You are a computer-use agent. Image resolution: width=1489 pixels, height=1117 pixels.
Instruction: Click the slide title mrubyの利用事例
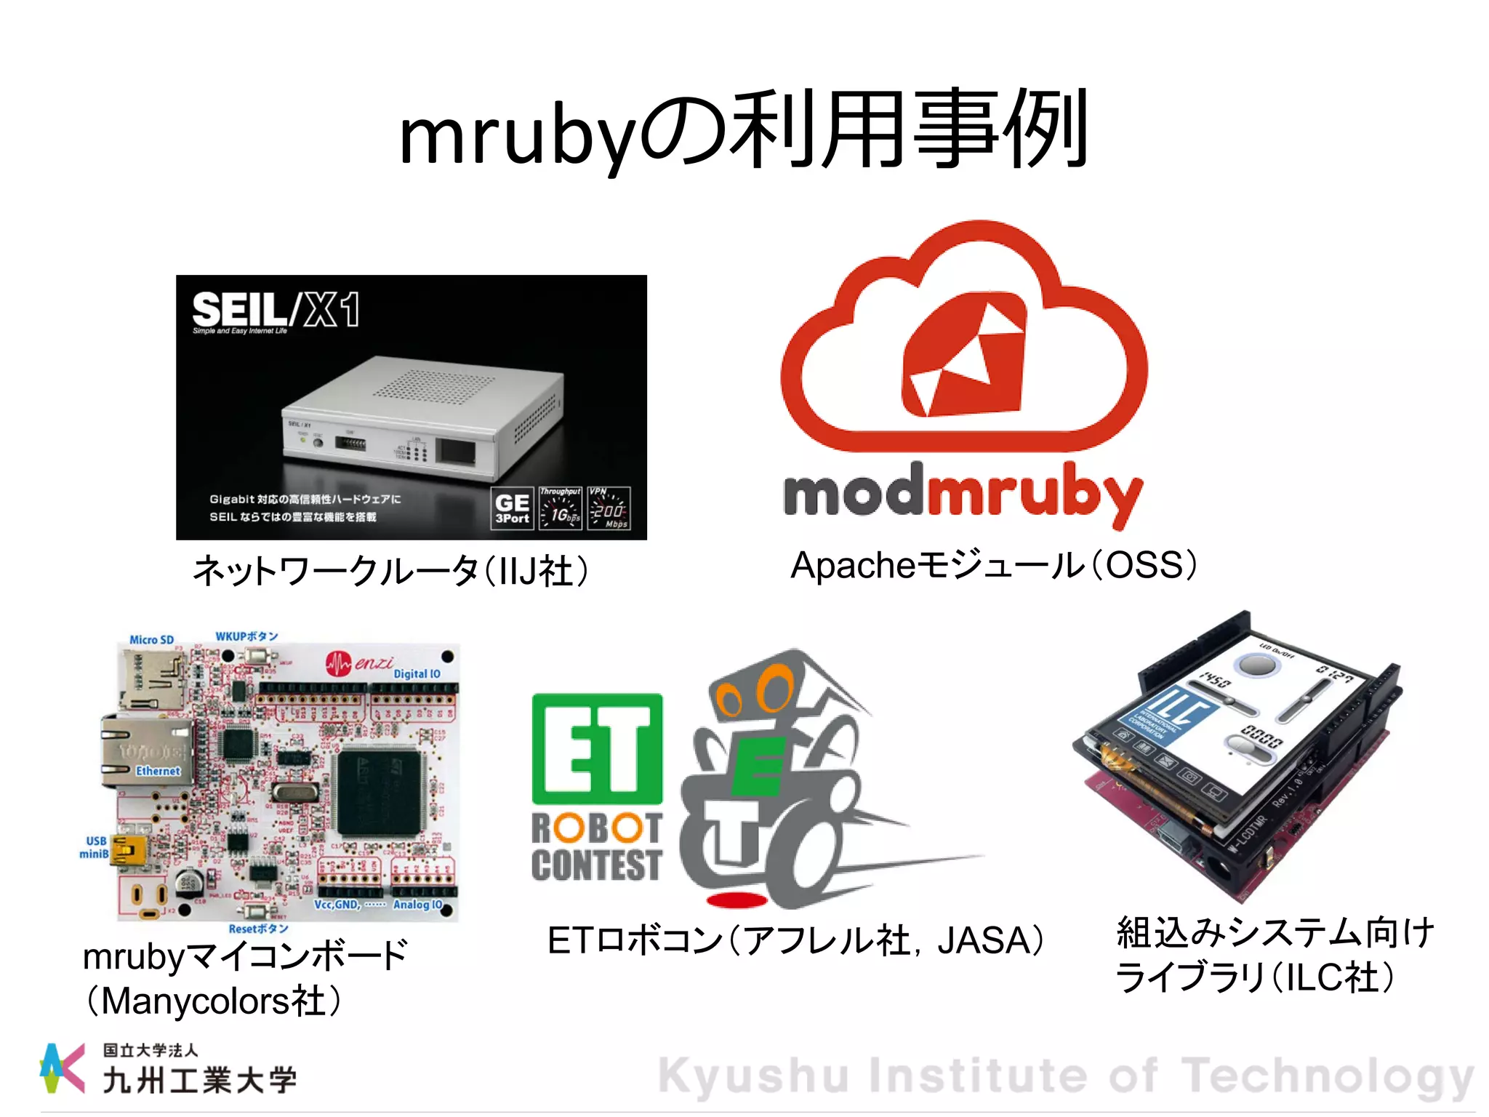point(743,131)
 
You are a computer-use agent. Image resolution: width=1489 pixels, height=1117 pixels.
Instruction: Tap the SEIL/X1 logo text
point(276,310)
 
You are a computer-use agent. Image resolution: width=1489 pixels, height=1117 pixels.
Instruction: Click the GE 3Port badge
point(512,508)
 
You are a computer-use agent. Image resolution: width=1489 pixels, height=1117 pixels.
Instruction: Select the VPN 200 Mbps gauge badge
point(609,508)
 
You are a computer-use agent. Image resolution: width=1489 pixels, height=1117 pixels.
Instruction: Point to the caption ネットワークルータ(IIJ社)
point(390,571)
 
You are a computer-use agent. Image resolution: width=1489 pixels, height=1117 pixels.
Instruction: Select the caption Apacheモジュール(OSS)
point(993,566)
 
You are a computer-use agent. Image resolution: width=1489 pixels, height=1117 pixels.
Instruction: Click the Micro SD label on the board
point(151,640)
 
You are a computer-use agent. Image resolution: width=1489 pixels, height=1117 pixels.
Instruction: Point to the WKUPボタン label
point(246,636)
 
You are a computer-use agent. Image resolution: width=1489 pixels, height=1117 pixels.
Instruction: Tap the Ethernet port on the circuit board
point(145,753)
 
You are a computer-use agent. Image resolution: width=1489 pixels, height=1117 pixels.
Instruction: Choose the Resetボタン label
point(258,929)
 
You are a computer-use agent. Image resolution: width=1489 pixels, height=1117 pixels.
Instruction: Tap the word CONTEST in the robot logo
point(596,865)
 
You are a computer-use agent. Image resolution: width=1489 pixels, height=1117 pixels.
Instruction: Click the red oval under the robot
point(737,900)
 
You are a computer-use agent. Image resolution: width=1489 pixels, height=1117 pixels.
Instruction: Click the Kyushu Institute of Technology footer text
point(1065,1076)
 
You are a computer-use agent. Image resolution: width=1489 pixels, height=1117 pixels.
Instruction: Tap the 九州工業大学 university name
point(199,1081)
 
